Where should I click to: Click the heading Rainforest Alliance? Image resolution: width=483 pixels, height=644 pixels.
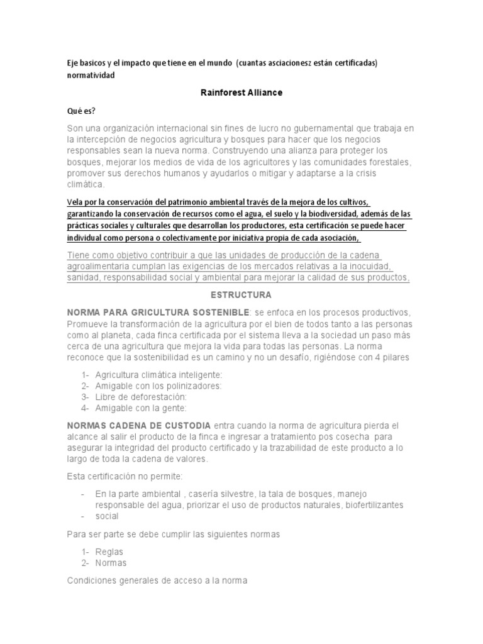[241, 92]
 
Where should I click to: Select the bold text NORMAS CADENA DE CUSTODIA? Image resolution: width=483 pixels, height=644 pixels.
[140, 426]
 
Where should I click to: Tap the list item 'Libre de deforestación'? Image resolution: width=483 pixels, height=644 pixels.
[141, 397]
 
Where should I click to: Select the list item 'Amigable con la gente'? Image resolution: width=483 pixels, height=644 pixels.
[141, 408]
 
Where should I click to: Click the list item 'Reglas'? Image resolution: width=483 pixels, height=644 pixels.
[109, 552]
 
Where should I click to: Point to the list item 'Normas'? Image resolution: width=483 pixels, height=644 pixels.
[111, 563]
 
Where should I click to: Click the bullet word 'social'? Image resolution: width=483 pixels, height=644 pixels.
[106, 516]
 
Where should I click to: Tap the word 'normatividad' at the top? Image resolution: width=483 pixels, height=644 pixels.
[91, 75]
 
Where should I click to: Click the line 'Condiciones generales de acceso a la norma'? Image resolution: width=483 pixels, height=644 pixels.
[157, 581]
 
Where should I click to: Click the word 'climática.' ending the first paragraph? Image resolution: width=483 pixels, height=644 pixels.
[87, 186]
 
